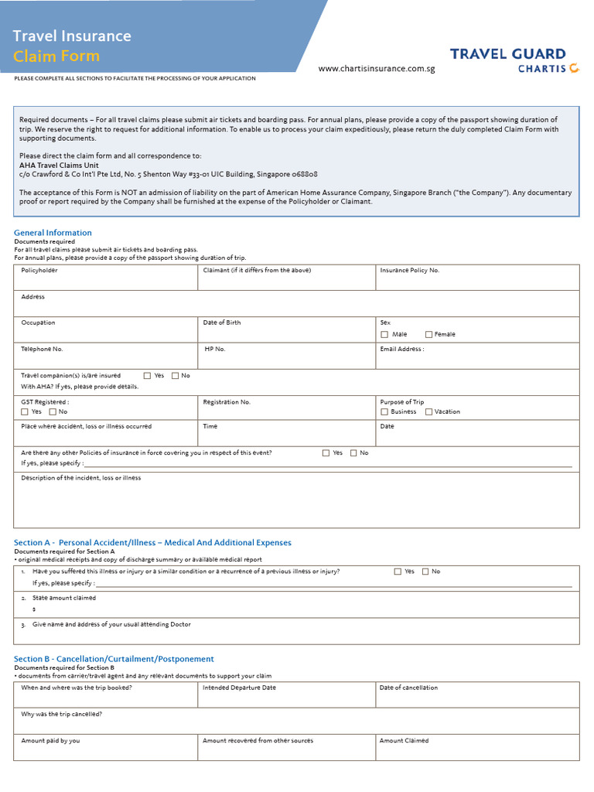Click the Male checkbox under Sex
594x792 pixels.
384,334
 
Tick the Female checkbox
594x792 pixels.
428,334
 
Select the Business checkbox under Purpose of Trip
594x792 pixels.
384,411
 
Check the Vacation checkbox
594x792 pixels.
428,411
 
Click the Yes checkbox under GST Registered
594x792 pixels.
25,411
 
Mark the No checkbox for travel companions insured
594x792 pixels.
175,376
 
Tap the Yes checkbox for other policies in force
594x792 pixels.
326,453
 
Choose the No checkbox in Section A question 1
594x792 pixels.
425,572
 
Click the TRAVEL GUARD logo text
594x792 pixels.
507,54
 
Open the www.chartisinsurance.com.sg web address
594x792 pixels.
377,69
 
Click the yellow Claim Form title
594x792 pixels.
56,56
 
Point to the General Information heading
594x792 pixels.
53,233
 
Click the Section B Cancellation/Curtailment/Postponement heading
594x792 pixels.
114,659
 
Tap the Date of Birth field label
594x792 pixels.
221,323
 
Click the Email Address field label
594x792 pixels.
401,349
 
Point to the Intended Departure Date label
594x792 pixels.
239,688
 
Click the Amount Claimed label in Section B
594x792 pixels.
404,740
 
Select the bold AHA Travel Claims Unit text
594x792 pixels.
59,165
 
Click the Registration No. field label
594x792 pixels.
227,402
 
